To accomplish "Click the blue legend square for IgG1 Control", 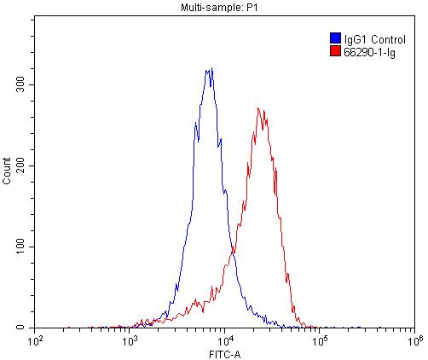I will (x=334, y=38).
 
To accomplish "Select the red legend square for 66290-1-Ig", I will (x=334, y=51).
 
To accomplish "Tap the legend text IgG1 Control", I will (x=368, y=38).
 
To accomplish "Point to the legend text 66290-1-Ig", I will (x=365, y=51).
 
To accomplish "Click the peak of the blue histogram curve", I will (x=210, y=69).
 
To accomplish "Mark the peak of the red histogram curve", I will (x=259, y=108).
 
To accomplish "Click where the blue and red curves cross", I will (x=233, y=253).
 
